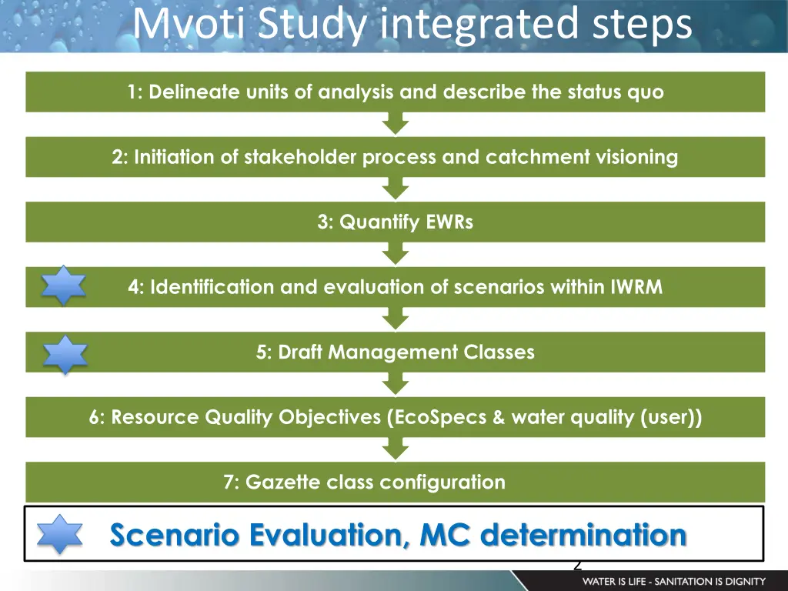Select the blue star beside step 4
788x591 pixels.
(64, 287)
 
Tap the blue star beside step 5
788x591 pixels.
(65, 355)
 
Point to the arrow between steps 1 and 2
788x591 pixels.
(396, 123)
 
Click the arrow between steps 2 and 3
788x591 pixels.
(396, 189)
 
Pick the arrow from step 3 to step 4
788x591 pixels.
(396, 253)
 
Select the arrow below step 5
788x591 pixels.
(396, 383)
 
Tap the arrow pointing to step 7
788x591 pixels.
(396, 449)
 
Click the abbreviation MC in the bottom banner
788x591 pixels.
(445, 534)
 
